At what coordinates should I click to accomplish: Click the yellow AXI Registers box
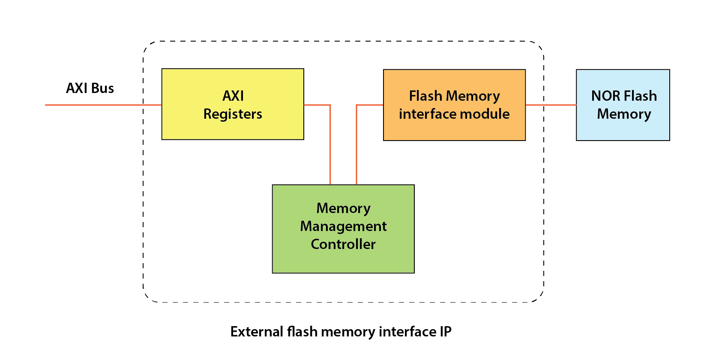[232, 129]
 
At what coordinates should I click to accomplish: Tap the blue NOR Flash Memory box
[623, 129]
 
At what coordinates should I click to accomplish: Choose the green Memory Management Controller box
[343, 261]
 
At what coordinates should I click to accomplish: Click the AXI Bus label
[90, 88]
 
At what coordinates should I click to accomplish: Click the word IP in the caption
[446, 332]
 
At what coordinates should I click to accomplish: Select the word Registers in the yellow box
[233, 114]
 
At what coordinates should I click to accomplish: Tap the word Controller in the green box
[343, 244]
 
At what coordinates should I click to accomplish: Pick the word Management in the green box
[343, 226]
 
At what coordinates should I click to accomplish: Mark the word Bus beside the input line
[102, 88]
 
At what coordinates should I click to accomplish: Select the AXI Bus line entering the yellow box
[103, 105]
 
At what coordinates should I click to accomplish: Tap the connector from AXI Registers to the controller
[330, 146]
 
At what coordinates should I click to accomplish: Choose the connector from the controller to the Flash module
[356, 146]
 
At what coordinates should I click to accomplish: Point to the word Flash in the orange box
[425, 96]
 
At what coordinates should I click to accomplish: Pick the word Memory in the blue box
[624, 114]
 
